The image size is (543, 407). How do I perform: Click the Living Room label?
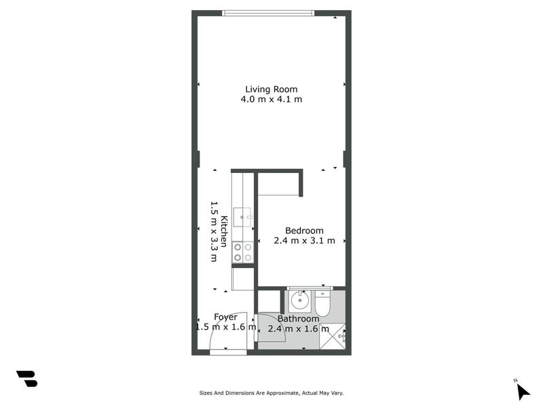(x=271, y=89)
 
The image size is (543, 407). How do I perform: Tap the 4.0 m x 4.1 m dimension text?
(x=271, y=99)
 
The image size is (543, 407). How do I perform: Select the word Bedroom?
(x=304, y=230)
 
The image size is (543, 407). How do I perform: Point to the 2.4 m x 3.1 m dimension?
(x=304, y=240)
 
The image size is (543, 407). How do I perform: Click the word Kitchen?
(x=223, y=231)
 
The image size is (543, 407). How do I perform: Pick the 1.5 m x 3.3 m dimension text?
(x=213, y=231)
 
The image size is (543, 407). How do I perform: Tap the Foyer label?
(x=225, y=317)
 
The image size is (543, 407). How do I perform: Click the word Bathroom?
(x=298, y=319)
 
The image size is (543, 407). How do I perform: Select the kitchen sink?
(x=242, y=217)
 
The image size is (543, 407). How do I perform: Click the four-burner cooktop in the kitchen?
(x=243, y=252)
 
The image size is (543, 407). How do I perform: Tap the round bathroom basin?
(x=300, y=299)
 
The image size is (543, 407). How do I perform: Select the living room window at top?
(x=268, y=13)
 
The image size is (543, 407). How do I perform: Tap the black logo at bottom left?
(x=26, y=379)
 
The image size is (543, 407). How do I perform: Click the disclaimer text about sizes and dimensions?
(x=271, y=392)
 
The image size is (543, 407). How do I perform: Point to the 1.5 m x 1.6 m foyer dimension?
(x=225, y=327)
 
